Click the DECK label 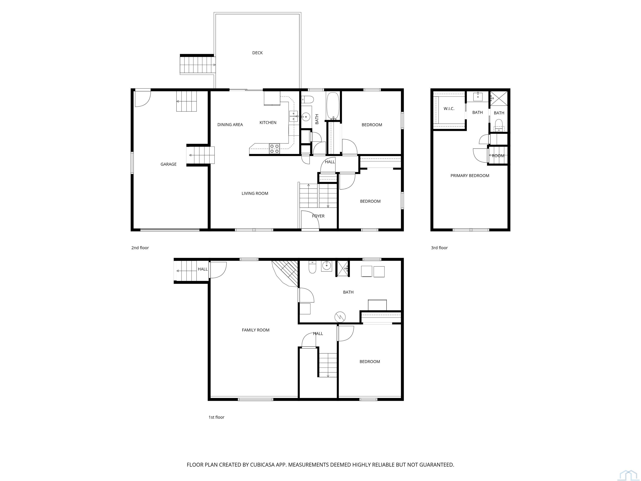pyautogui.click(x=257, y=53)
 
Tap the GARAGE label pyautogui.click(x=168, y=164)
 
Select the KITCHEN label pyautogui.click(x=268, y=123)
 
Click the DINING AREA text pyautogui.click(x=230, y=125)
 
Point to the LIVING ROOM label pyautogui.click(x=255, y=193)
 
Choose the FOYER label pyautogui.click(x=318, y=216)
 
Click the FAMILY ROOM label pyautogui.click(x=256, y=330)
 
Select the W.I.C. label pyautogui.click(x=449, y=109)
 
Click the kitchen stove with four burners pyautogui.click(x=274, y=148)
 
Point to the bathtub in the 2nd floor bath pyautogui.click(x=333, y=106)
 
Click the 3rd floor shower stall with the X pyautogui.click(x=499, y=98)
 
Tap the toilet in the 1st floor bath pyautogui.click(x=312, y=267)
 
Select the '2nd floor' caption pyautogui.click(x=140, y=248)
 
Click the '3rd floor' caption pyautogui.click(x=439, y=248)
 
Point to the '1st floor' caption pyautogui.click(x=216, y=417)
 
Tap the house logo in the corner pyautogui.click(x=628, y=476)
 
